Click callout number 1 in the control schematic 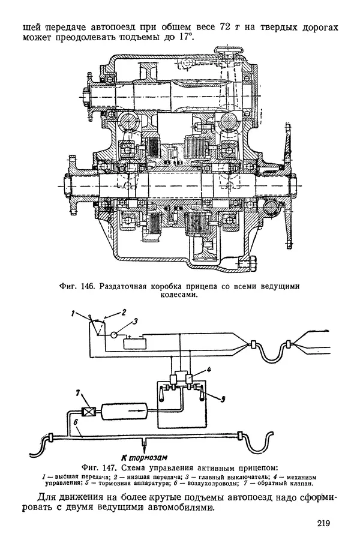pos(73,314)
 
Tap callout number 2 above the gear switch pos(124,312)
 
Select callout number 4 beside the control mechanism pos(209,369)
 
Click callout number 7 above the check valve pos(79,393)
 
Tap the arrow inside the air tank pos(135,408)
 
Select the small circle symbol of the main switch pos(113,335)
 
